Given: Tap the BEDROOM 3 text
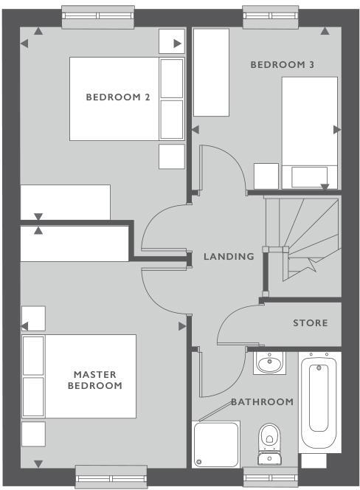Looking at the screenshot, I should pyautogui.click(x=283, y=65).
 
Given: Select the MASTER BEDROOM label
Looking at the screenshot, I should pyautogui.click(x=95, y=380).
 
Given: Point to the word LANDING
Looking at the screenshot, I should pyautogui.click(x=229, y=257).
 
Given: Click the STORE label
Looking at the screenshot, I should pyautogui.click(x=310, y=323).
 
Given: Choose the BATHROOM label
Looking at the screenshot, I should pyautogui.click(x=262, y=402).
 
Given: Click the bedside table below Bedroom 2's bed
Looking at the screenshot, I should pyautogui.click(x=171, y=156).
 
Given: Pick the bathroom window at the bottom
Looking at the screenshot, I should pyautogui.click(x=273, y=476).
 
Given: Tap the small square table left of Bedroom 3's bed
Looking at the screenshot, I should pyautogui.click(x=266, y=176).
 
